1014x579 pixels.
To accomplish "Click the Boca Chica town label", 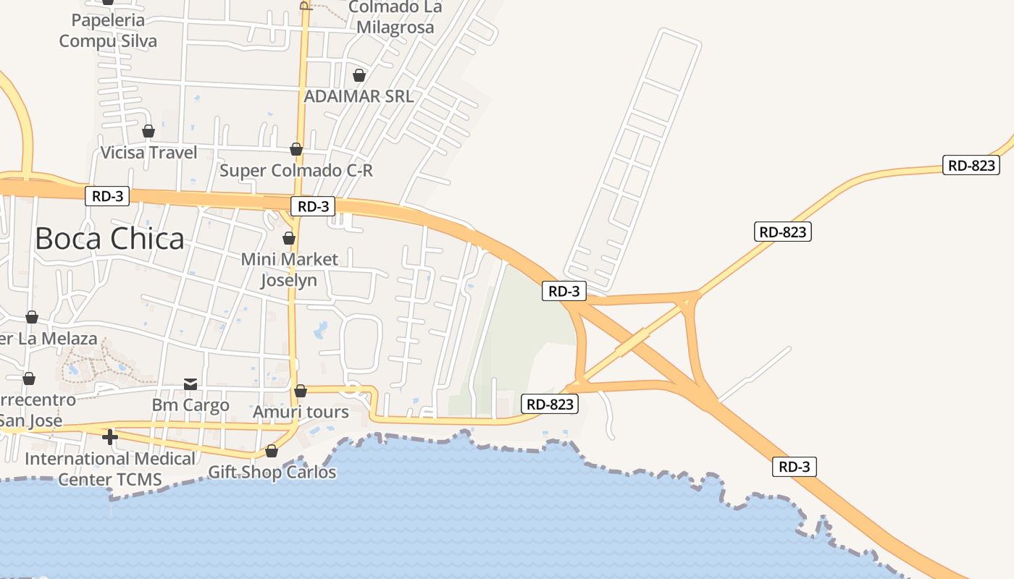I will (x=109, y=238).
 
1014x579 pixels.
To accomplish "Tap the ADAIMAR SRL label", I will (x=359, y=96).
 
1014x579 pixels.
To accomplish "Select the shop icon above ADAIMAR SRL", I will (x=359, y=75).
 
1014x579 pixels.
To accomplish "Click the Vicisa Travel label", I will (x=148, y=153).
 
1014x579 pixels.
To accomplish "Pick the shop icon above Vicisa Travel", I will (x=148, y=131).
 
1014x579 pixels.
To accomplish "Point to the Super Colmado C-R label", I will (x=296, y=171).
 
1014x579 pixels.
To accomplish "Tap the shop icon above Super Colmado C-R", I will (x=296, y=149).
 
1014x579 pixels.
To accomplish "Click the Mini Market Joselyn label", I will (x=289, y=269).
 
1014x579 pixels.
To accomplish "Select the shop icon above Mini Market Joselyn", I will (x=289, y=238).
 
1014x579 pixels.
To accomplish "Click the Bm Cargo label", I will (x=190, y=405).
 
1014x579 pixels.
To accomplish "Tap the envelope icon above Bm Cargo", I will (x=190, y=384).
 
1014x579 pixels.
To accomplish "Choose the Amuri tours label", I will (x=301, y=413).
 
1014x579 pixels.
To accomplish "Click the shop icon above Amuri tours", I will (x=301, y=391).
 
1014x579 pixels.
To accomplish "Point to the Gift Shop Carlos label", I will (x=272, y=473).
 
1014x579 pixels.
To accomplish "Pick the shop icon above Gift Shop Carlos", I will (x=272, y=451).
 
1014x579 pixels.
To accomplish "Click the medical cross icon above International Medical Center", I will (x=110, y=437).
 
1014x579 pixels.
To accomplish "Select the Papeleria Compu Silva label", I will (x=108, y=30).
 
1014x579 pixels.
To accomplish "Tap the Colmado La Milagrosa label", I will (x=395, y=17).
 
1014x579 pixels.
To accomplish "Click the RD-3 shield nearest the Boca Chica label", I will (x=107, y=196).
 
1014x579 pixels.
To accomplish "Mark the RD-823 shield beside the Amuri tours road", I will (x=550, y=404).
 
